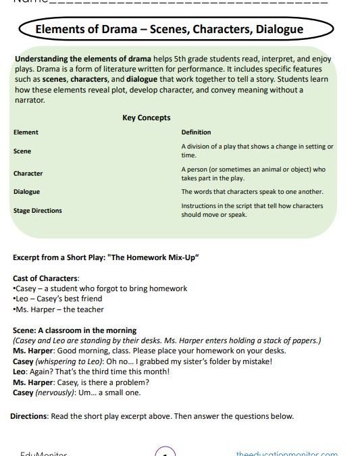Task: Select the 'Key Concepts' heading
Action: [146, 118]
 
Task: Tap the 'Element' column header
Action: [26, 132]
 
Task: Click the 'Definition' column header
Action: [196, 132]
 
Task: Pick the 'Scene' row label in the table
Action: [22, 151]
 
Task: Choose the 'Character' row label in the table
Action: [28, 174]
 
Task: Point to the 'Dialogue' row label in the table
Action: [26, 192]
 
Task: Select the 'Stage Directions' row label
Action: [37, 211]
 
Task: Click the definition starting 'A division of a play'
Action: [257, 151]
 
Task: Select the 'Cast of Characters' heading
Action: [46, 278]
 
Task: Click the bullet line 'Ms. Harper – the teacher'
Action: [58, 309]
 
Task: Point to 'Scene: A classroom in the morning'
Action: [74, 330]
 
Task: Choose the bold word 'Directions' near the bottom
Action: [29, 416]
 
